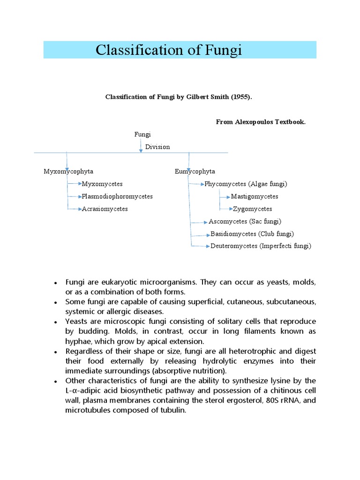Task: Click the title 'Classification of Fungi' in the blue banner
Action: [169, 50]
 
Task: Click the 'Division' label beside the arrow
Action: [157, 147]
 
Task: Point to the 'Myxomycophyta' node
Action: [65, 172]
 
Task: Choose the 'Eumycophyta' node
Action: [195, 172]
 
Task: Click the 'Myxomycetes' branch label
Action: [102, 184]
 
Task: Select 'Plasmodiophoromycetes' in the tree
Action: [117, 196]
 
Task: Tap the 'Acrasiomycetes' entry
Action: [105, 209]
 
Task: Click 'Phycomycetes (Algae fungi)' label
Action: [246, 184]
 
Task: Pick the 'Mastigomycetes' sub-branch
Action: [255, 196]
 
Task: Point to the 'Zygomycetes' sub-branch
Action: [252, 209]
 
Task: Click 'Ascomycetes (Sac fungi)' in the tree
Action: [245, 221]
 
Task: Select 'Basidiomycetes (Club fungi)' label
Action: [252, 234]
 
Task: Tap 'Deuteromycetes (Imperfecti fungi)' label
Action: [261, 246]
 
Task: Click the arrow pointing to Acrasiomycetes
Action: [75, 209]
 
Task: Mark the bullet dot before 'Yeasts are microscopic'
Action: [56, 322]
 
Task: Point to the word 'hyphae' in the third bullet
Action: [76, 341]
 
